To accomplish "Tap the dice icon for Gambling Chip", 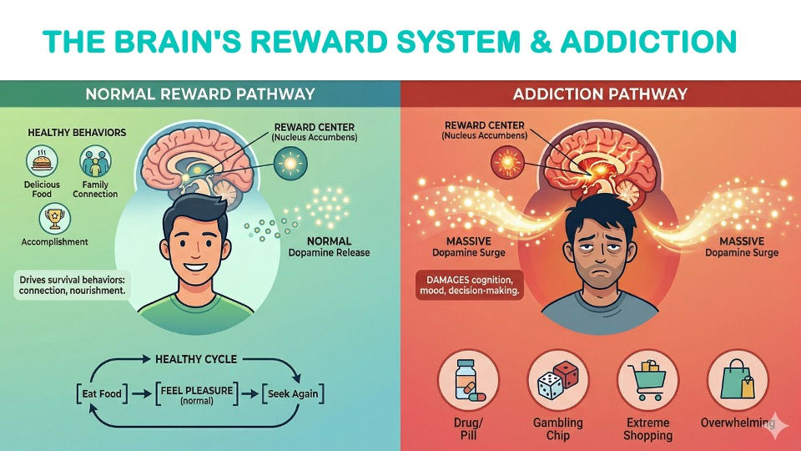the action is (x=557, y=379).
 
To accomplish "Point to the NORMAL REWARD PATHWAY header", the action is (x=200, y=94).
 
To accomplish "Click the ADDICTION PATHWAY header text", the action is (x=600, y=94).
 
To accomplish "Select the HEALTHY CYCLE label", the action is (x=196, y=359).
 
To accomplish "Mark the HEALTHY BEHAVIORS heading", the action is (x=65, y=133).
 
